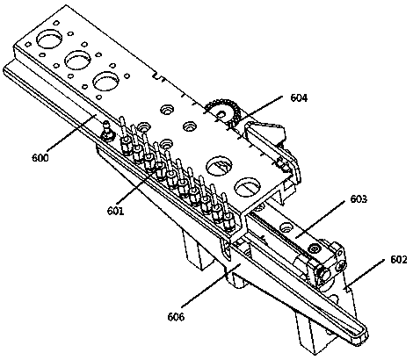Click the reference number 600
[40, 158]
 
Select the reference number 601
[115, 211]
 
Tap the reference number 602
[399, 259]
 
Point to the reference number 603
[359, 199]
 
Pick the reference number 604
[299, 97]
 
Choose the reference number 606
[176, 317]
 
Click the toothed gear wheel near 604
[223, 113]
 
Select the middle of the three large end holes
[78, 60]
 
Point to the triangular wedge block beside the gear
[264, 132]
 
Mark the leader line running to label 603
[320, 219]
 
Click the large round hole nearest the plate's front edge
[248, 187]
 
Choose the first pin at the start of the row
[125, 134]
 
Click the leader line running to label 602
[365, 274]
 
